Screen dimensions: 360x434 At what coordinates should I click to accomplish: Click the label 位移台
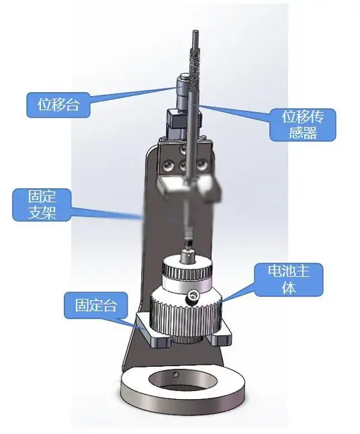click(58, 105)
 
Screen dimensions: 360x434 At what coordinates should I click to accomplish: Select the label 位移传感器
click(303, 125)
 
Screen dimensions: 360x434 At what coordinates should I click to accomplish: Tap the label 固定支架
click(42, 205)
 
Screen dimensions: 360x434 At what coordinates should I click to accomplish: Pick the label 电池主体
click(289, 279)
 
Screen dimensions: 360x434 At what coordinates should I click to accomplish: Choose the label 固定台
click(96, 305)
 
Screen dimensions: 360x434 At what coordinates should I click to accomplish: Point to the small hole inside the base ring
click(174, 375)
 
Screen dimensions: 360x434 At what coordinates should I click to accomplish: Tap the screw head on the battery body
click(192, 298)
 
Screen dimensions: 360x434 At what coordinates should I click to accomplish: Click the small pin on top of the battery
click(187, 256)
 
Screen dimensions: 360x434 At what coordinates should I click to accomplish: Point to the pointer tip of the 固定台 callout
click(146, 329)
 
